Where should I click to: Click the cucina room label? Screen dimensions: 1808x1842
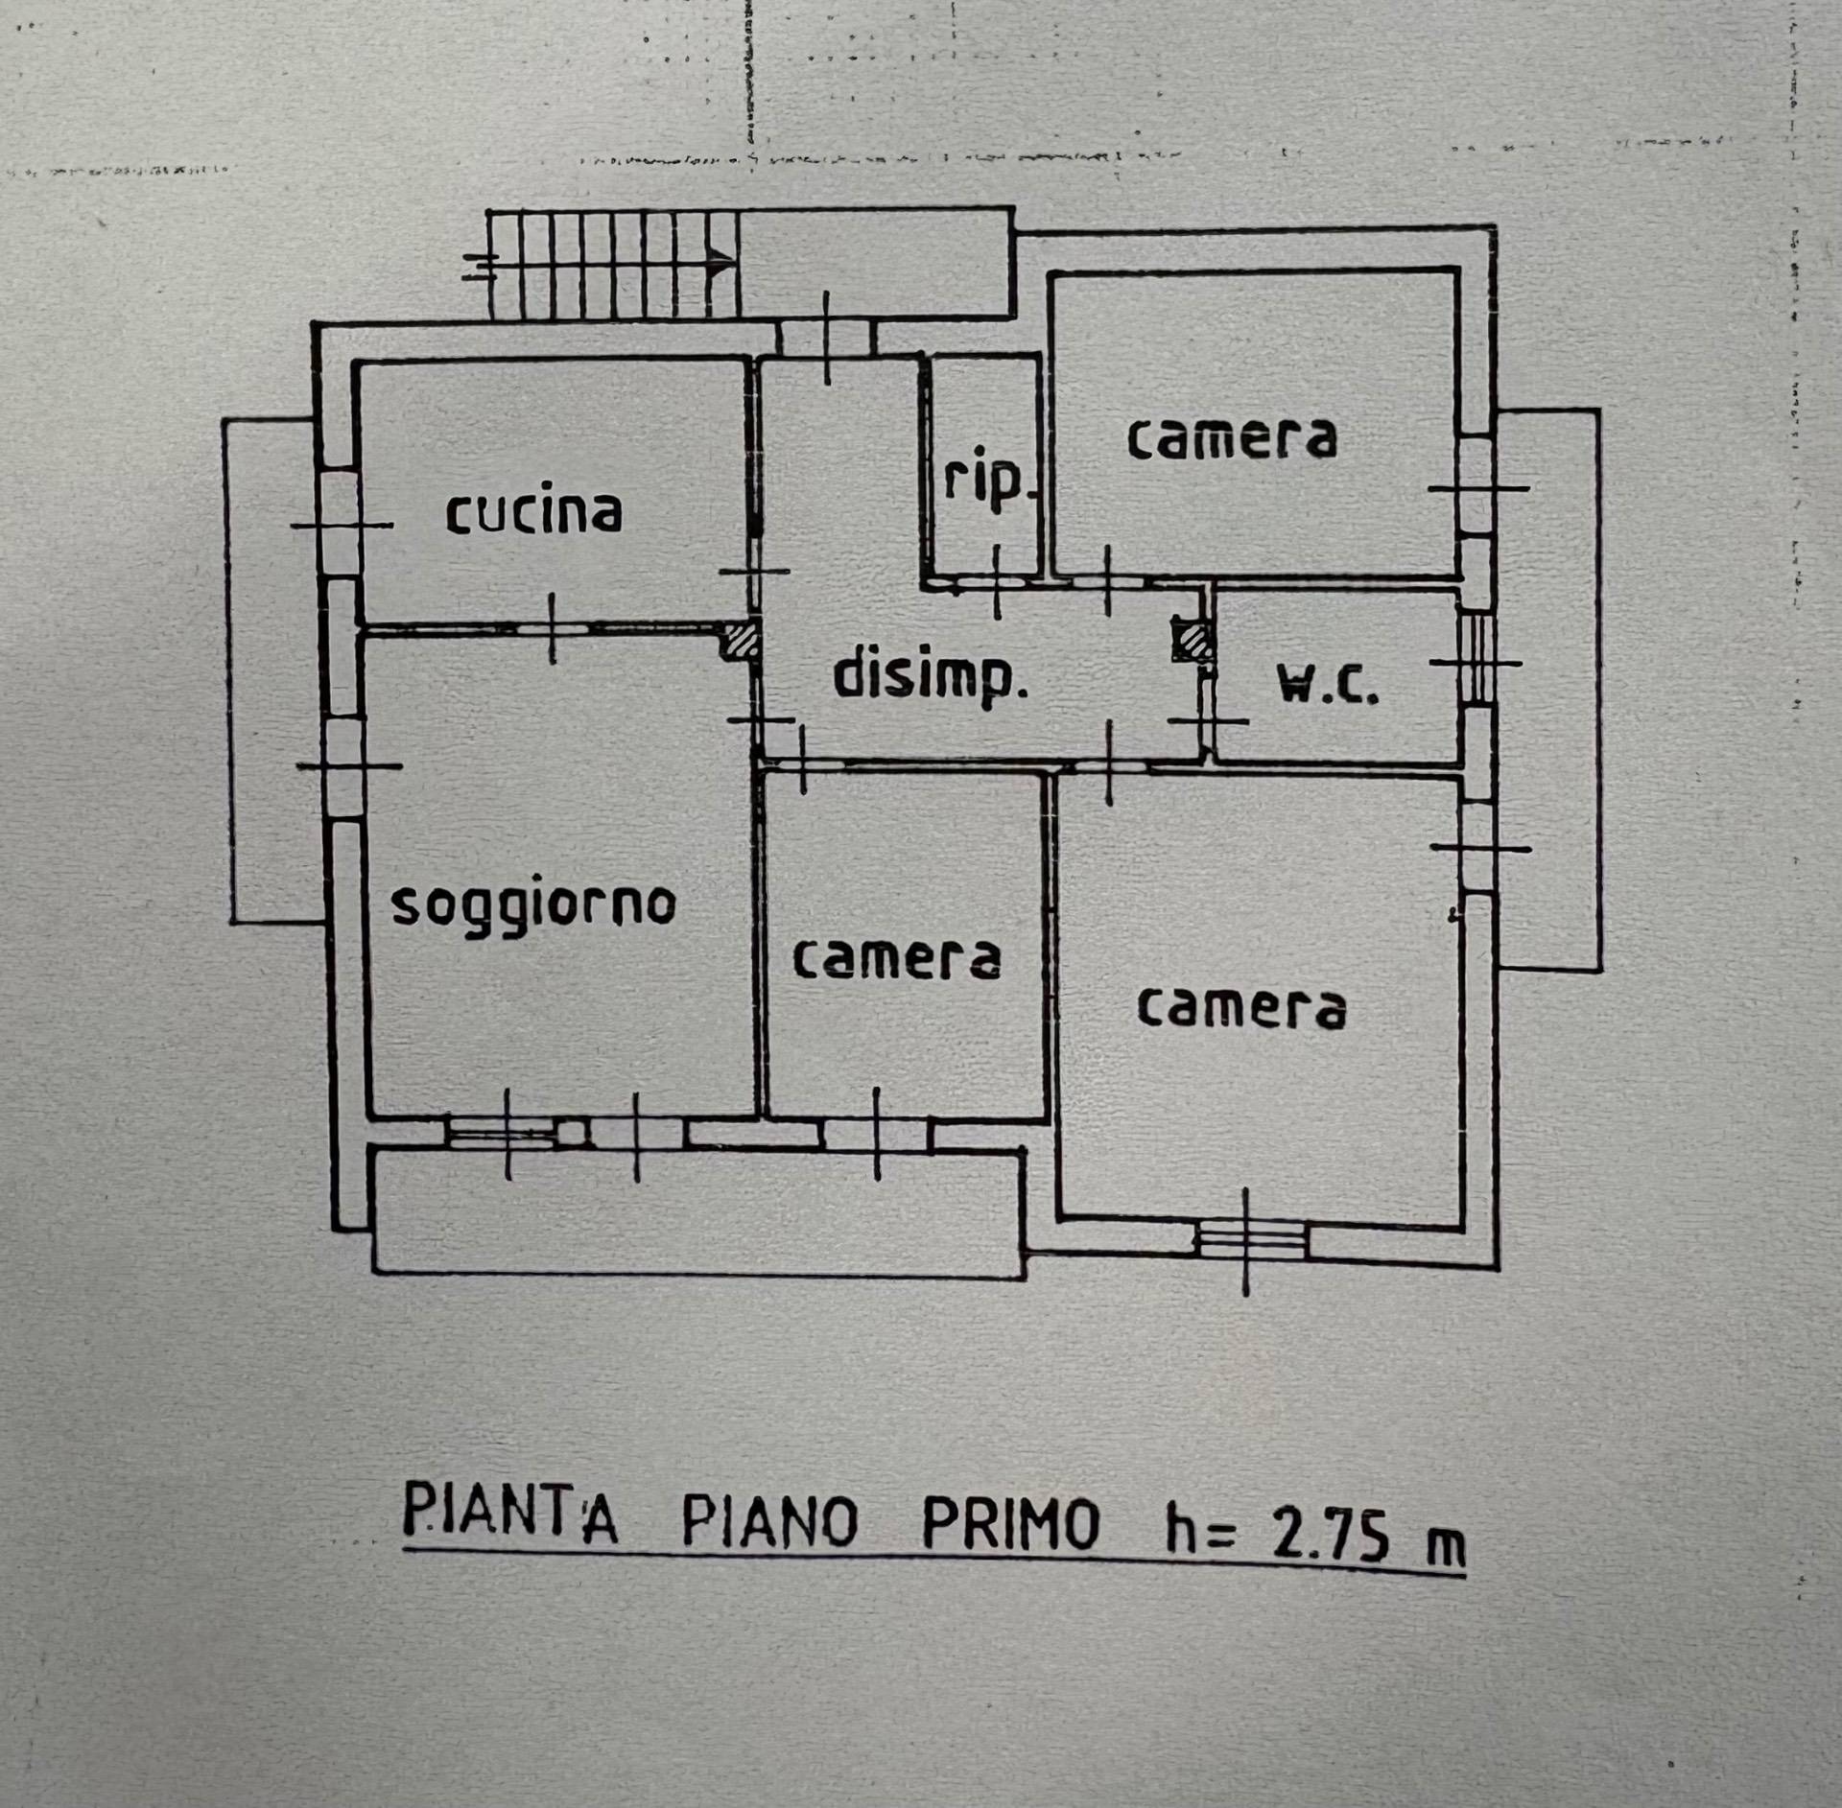pos(534,511)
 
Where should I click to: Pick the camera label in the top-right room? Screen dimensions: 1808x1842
pos(1232,437)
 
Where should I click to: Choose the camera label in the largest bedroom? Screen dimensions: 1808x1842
pos(1241,1007)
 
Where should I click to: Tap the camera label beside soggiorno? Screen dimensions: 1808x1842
pos(897,957)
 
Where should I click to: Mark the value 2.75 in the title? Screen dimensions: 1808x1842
pos(1331,1531)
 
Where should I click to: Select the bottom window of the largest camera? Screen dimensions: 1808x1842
pos(1249,1238)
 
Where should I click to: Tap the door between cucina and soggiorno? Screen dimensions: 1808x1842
pos(552,629)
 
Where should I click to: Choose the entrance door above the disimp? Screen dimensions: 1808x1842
pos(827,339)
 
